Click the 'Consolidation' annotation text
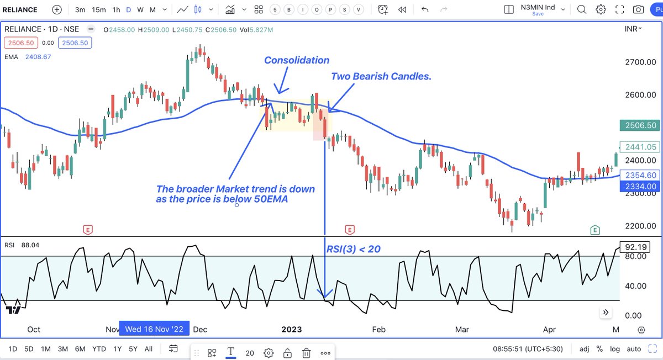point(297,60)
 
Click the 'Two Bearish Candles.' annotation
point(381,76)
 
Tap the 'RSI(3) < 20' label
point(353,249)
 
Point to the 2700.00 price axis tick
point(640,62)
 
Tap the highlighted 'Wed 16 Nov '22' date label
point(155,329)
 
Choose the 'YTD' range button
point(99,349)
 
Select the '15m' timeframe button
point(99,9)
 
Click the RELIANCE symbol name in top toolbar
point(20,9)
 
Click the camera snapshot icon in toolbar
point(638,9)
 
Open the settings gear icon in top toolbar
point(601,9)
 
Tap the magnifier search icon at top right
point(582,9)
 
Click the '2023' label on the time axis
point(291,329)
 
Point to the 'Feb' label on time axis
point(378,329)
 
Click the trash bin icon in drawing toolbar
point(306,353)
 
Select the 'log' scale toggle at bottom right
point(615,349)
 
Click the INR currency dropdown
point(633,29)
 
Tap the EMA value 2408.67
point(38,56)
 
